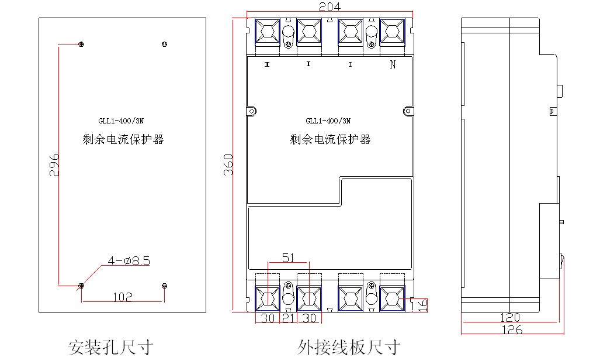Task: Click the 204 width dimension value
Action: [x=330, y=6]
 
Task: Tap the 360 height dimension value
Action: [x=228, y=165]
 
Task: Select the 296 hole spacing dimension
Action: [x=54, y=165]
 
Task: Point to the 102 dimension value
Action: [x=123, y=297]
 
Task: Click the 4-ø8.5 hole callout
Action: [x=129, y=261]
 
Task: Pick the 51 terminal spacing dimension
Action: [x=288, y=258]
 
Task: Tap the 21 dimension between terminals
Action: [x=288, y=318]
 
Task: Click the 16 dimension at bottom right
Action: [x=422, y=305]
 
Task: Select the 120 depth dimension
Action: [x=510, y=317]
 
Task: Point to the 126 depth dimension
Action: [x=512, y=329]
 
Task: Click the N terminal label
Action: [x=393, y=64]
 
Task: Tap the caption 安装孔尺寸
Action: [x=110, y=348]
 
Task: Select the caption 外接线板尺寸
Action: [x=349, y=348]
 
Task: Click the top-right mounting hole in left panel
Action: [x=165, y=44]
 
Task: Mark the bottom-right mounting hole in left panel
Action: [x=165, y=286]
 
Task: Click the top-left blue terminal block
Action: [x=267, y=32]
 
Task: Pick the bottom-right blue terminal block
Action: [x=392, y=298]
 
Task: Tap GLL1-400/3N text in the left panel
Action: [x=121, y=121]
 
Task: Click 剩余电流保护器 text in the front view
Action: [x=330, y=139]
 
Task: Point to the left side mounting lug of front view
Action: [x=252, y=111]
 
